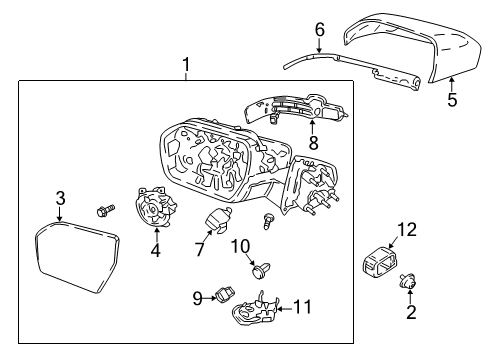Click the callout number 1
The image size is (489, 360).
[186, 66]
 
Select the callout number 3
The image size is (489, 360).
[60, 199]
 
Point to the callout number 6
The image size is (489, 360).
[320, 31]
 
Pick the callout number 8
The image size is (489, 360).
[312, 143]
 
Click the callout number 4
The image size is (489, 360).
[155, 251]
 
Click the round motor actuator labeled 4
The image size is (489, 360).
[155, 213]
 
